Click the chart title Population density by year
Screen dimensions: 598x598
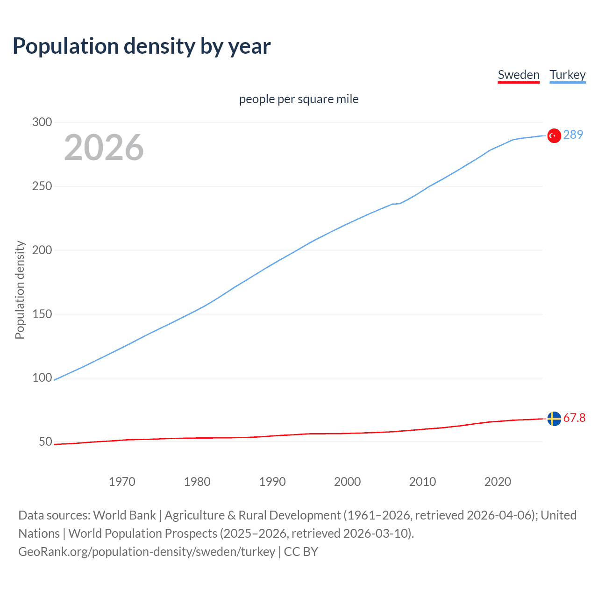pos(142,46)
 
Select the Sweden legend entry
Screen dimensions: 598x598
pos(519,75)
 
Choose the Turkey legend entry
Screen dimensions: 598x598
pos(567,75)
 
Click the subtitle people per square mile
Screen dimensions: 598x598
pos(299,99)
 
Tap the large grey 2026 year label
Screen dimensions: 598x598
pos(104,148)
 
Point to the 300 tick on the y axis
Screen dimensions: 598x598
pos(42,122)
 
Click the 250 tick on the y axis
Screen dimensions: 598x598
pos(42,186)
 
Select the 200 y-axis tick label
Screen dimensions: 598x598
pos(42,250)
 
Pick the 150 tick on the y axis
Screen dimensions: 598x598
pos(42,314)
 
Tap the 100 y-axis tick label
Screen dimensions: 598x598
pos(42,378)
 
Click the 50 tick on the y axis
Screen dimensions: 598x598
pos(45,441)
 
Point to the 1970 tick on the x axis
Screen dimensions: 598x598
pos(122,482)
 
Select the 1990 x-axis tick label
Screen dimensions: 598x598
pos(272,482)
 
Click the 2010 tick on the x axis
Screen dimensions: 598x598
pos(422,482)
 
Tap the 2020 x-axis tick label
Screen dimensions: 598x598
pos(498,482)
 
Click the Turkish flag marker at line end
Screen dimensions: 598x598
pos(554,135)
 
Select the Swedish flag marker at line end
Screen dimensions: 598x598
pos(554,419)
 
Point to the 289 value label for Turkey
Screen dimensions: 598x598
pos(573,135)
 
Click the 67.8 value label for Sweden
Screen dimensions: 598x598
pos(574,418)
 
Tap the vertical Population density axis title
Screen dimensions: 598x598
pos(20,290)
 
